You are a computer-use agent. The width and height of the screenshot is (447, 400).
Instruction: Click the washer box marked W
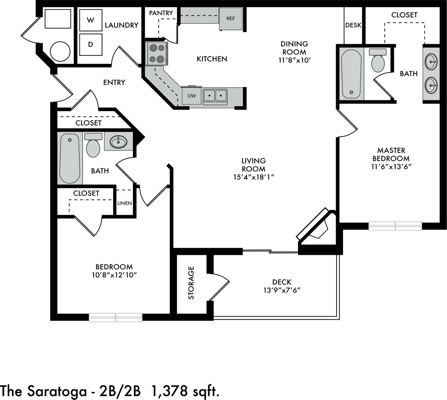pos(90,20)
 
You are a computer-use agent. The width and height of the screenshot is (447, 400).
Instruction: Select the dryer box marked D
pos(90,45)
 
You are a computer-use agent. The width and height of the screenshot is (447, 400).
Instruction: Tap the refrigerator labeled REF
pos(231,18)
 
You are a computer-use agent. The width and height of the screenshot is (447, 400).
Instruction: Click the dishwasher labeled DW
pos(191,96)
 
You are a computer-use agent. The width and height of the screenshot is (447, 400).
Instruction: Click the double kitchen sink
pos(215,95)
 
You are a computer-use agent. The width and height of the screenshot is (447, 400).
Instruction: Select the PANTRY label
pos(161,13)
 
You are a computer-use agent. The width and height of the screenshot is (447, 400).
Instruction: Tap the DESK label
pos(353,25)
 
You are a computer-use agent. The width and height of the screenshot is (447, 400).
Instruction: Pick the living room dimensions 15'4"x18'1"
pos(253,177)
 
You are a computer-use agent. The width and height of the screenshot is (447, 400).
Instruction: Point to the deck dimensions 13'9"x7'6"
pos(281,290)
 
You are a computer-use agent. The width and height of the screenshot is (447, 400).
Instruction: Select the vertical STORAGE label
pos(191,282)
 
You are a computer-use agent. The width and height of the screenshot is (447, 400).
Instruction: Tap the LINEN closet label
pos(124,203)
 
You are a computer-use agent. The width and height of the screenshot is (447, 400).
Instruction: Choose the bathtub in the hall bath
pos(70,158)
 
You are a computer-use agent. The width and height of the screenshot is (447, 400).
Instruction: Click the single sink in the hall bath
pos(118,141)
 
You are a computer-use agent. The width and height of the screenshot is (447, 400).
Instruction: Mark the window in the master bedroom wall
pos(395,226)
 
